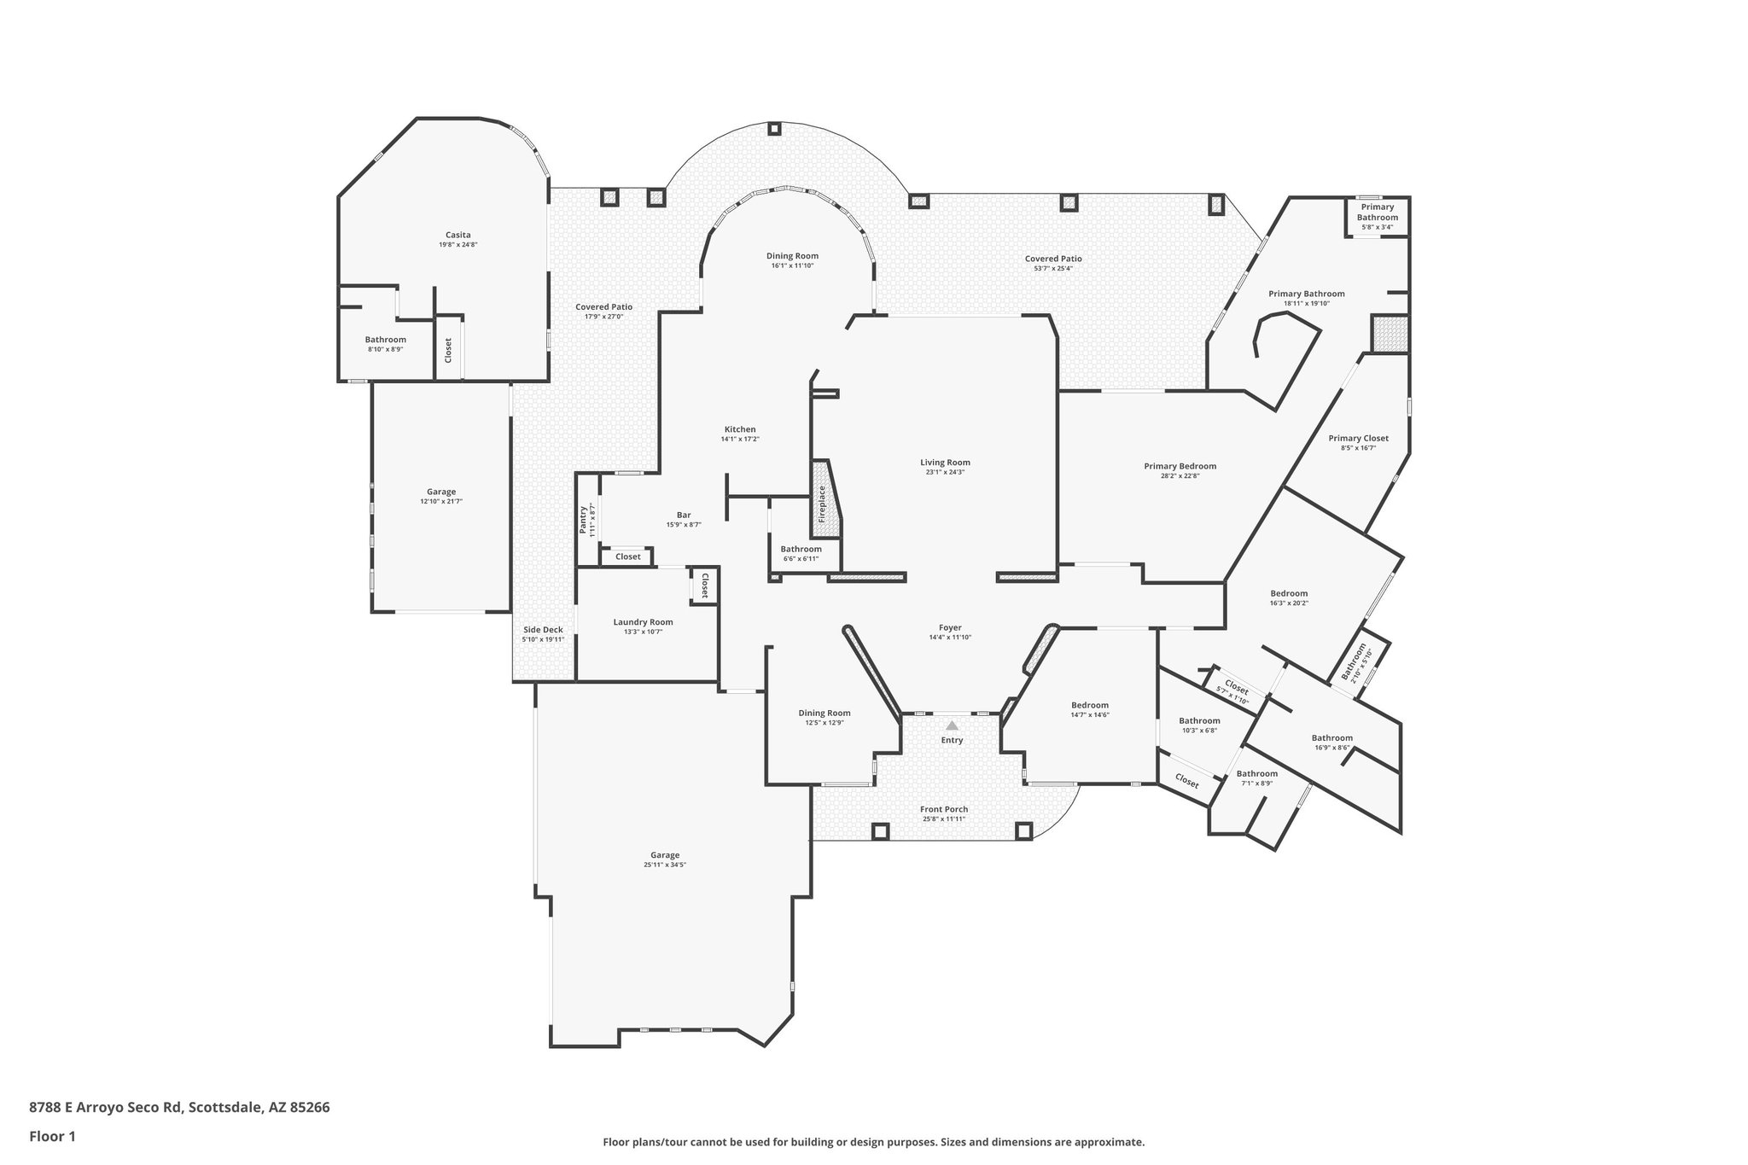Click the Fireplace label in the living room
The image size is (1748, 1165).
[x=823, y=504]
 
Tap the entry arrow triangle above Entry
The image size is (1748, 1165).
[x=952, y=725]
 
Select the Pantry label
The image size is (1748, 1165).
[x=584, y=520]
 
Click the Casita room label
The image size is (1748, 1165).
[x=457, y=235]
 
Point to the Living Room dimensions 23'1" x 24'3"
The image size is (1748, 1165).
[x=945, y=473]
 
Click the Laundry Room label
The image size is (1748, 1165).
[x=643, y=622]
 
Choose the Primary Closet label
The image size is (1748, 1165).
[x=1358, y=438]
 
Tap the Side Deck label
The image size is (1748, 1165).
[x=543, y=630]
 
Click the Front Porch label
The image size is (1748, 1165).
[x=943, y=809]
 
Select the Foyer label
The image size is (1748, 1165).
[x=950, y=627]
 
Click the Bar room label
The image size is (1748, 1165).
[x=684, y=515]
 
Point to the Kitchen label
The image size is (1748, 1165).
[x=740, y=429]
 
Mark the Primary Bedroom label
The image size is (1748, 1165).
[x=1180, y=466]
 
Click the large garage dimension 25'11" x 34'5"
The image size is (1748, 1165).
[x=665, y=865]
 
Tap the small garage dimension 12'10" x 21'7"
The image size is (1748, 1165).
[x=441, y=502]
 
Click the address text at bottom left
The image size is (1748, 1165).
[x=179, y=1108]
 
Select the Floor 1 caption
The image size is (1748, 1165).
[x=52, y=1137]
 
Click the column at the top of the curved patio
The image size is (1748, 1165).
[x=774, y=129]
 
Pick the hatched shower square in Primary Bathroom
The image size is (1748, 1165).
[x=1390, y=333]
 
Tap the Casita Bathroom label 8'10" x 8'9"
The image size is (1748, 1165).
[x=385, y=349]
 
